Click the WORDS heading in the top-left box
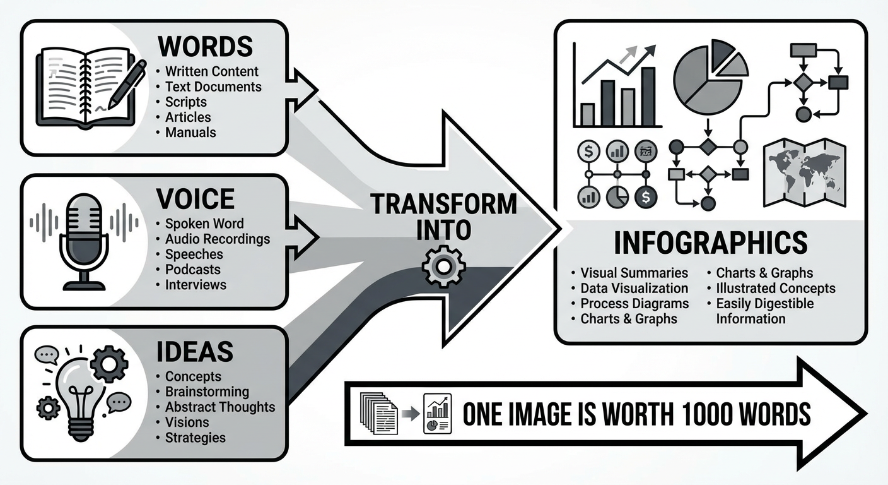(206, 47)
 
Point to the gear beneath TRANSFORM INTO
(443, 266)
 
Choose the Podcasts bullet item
(192, 270)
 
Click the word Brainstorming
(207, 392)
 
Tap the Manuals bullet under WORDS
(190, 133)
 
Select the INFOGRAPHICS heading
(711, 243)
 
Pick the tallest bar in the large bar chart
(648, 97)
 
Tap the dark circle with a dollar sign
(646, 197)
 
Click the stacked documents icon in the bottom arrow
(378, 413)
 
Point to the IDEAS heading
(195, 352)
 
